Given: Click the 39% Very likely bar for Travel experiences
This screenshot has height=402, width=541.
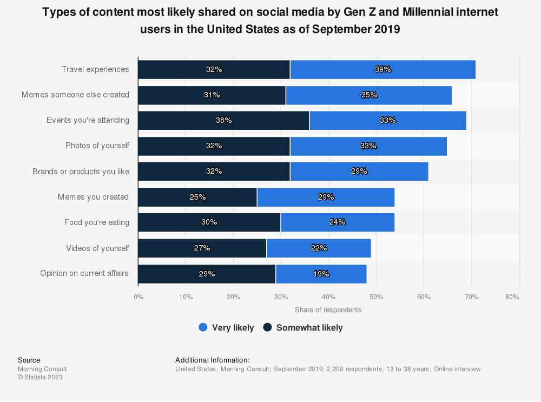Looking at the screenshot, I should (x=382, y=70).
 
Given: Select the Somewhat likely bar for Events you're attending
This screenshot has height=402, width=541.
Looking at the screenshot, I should (x=223, y=120).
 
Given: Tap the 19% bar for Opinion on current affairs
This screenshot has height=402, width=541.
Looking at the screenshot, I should (x=321, y=274).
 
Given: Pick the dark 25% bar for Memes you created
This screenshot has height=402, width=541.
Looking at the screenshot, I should (x=197, y=197).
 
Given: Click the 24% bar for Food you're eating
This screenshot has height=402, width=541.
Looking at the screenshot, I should (x=338, y=222).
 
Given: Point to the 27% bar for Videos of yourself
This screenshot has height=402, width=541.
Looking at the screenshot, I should (x=202, y=248).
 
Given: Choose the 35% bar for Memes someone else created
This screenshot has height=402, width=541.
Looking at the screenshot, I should (x=369, y=95).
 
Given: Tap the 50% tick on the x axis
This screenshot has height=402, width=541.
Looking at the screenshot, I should (x=377, y=297).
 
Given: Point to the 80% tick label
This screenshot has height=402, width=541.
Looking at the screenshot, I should (x=512, y=297).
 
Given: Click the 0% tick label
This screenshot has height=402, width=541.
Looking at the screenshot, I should (x=138, y=297).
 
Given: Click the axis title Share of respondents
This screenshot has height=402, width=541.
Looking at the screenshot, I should (x=328, y=310).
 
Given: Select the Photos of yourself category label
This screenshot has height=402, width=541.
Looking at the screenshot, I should (x=97, y=146).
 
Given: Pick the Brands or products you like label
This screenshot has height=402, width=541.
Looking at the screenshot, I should (x=81, y=172).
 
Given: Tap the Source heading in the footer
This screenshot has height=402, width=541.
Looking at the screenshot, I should (x=29, y=360).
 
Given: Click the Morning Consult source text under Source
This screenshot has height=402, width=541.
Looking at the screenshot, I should (x=42, y=369).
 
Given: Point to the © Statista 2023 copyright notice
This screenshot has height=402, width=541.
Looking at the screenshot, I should (x=40, y=377).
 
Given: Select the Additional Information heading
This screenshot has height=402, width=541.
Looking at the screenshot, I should (x=213, y=360).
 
